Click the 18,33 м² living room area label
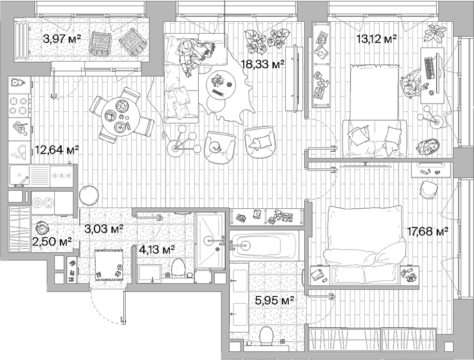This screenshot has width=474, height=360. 263,64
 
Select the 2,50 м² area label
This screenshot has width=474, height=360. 52,242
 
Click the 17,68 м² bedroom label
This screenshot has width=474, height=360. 427,231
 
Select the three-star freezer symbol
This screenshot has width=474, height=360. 61,175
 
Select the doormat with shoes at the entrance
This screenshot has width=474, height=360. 108,264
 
